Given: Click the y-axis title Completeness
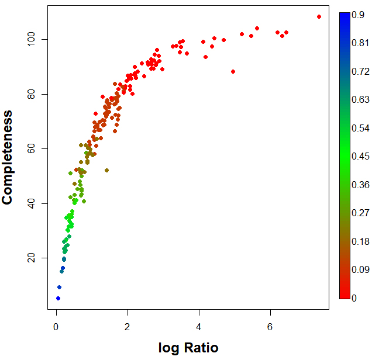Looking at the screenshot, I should [x=8, y=157].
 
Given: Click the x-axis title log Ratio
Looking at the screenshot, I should [x=188, y=348].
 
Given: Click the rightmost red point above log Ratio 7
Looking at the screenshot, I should [x=319, y=16].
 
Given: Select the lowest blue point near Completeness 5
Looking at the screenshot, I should [x=58, y=298].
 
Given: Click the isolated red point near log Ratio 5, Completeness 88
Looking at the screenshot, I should [x=233, y=71].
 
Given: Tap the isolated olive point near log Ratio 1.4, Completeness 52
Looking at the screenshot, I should [x=106, y=170].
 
